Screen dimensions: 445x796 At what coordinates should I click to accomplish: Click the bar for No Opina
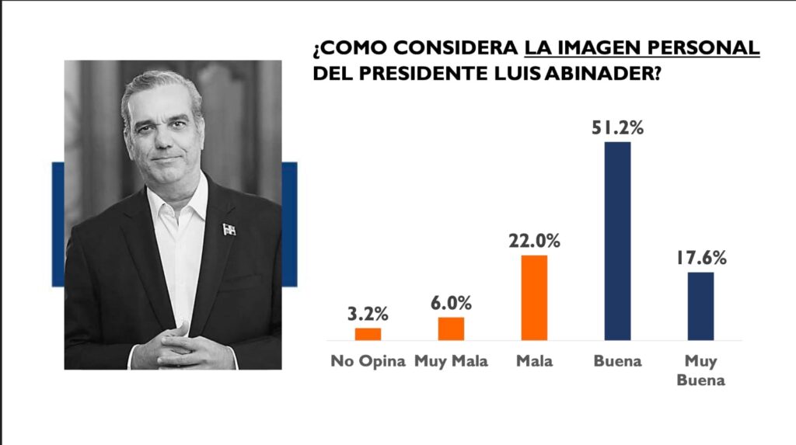[368, 334]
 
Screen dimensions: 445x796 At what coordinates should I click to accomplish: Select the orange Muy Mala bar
[451, 329]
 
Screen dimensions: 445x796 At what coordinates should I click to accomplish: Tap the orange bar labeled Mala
[534, 297]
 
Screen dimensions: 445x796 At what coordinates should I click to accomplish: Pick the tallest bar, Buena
[617, 241]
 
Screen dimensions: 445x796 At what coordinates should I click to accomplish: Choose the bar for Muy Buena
[700, 306]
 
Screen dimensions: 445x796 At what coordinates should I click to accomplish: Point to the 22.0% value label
[534, 242]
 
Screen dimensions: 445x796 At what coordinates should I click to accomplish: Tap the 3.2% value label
[368, 315]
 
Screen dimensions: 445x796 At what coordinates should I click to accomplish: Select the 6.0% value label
[451, 304]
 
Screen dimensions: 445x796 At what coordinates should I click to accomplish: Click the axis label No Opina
[368, 362]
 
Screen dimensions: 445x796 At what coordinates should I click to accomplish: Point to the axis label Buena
[617, 362]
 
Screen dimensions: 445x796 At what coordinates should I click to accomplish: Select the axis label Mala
[534, 362]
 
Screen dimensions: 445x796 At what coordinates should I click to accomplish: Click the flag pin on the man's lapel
[229, 229]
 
